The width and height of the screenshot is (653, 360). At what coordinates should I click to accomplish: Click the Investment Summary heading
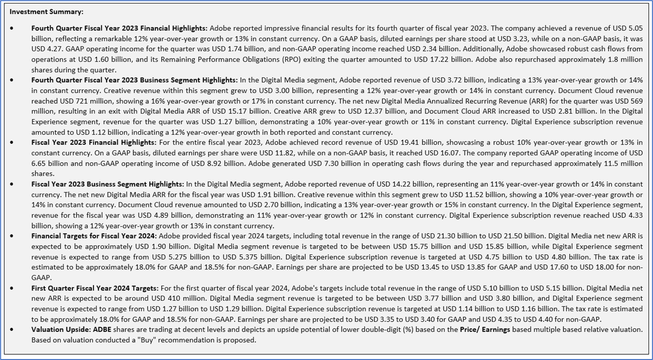(46, 12)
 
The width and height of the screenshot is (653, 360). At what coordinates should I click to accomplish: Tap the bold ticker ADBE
(103, 330)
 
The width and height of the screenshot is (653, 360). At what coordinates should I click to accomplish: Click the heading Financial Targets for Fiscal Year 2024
(94, 236)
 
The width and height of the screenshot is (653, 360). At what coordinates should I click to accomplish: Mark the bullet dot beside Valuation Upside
(12, 330)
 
